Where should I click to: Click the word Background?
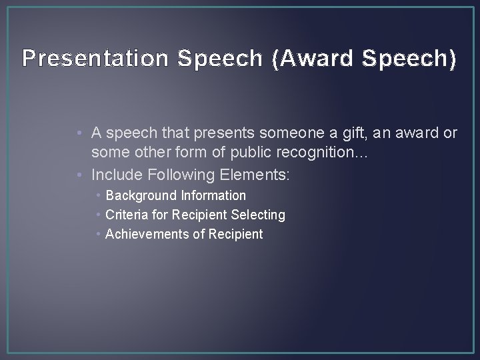pyautogui.click(x=139, y=196)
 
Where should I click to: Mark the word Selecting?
pyautogui.click(x=258, y=215)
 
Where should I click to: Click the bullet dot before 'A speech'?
pyautogui.click(x=81, y=133)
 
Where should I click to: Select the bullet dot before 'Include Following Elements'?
pyautogui.click(x=81, y=175)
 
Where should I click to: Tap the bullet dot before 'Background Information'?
pyautogui.click(x=98, y=196)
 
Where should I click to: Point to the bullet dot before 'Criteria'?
pyautogui.click(x=98, y=215)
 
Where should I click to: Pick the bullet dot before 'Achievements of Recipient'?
pyautogui.click(x=98, y=235)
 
